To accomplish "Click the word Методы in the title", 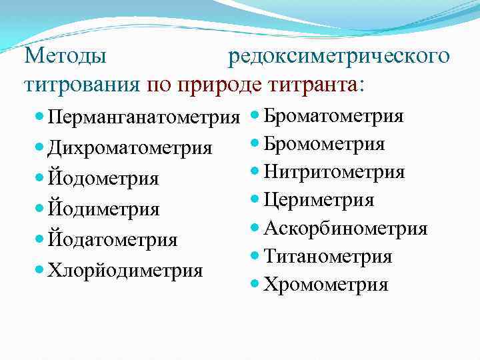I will click(65, 55).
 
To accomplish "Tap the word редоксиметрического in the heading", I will click(339, 55).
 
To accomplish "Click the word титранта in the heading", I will click(313, 85).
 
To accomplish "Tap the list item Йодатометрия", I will click(113, 239).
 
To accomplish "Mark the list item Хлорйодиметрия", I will click(126, 270).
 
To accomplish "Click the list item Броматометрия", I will click(333, 116).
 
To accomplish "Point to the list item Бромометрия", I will click(324, 144).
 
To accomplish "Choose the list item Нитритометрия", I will click(334, 172).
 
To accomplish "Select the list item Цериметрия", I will click(319, 200).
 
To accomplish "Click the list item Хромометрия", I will click(325, 285).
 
